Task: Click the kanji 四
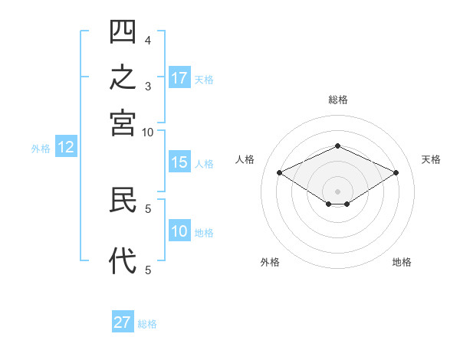123,31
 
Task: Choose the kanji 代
123,260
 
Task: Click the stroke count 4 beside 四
148,41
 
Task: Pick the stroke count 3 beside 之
148,87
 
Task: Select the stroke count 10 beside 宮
147,133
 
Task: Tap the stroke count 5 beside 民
148,209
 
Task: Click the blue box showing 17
179,77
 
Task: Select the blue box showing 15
179,162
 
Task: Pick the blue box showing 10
179,230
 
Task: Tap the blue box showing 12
66,146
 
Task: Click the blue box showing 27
123,321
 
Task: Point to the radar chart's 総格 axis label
338,100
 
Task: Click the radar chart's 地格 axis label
402,262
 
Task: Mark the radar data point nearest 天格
396,172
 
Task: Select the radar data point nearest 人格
280,172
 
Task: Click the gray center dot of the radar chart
337,191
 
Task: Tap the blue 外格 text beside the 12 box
41,149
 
